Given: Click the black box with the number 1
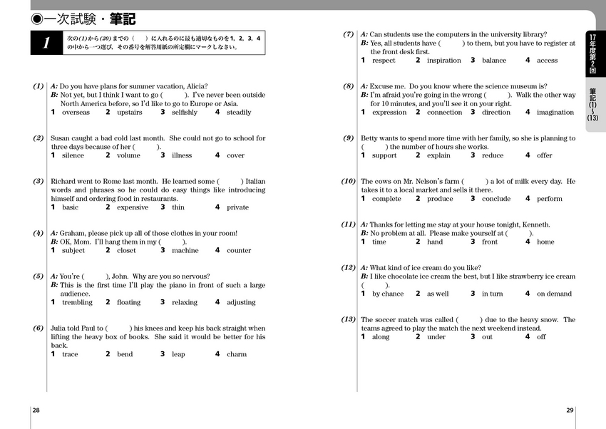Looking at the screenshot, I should (46, 43).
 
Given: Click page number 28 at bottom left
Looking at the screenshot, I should (36, 410).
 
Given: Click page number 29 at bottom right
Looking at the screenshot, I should (570, 410).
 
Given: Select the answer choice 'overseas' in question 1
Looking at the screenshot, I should (76, 113).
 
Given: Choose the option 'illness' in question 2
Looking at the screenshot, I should (182, 155).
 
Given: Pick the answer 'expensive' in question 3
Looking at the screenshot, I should (133, 207).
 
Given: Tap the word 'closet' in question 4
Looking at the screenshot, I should (126, 251).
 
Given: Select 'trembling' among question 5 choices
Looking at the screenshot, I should (77, 302).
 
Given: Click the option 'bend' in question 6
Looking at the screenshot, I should (125, 354).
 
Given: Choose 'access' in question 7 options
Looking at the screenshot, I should (547, 61).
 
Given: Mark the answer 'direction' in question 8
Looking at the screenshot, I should (496, 113).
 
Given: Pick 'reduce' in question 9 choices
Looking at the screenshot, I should (493, 155).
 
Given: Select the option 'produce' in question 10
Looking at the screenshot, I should (440, 199).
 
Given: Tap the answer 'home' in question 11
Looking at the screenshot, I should (545, 242).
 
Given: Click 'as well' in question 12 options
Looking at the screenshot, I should (438, 294).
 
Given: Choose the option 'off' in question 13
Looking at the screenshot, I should (541, 337).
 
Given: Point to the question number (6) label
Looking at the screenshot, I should (38, 328).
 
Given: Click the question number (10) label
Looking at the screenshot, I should (348, 181).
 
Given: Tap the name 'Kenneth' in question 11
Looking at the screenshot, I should (535, 224).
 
